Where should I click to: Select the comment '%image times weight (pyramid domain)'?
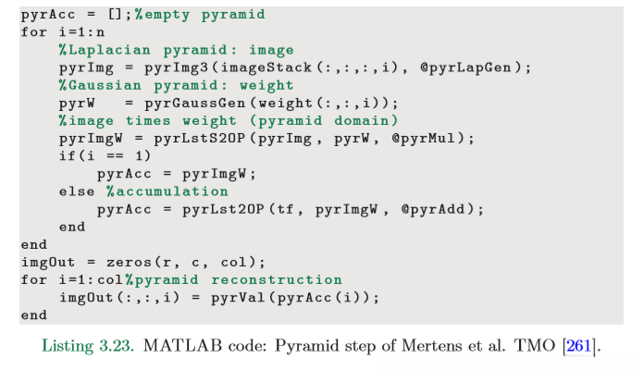(x=228, y=120)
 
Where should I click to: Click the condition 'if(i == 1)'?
(x=96, y=156)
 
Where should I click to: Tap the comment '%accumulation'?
(x=167, y=191)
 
